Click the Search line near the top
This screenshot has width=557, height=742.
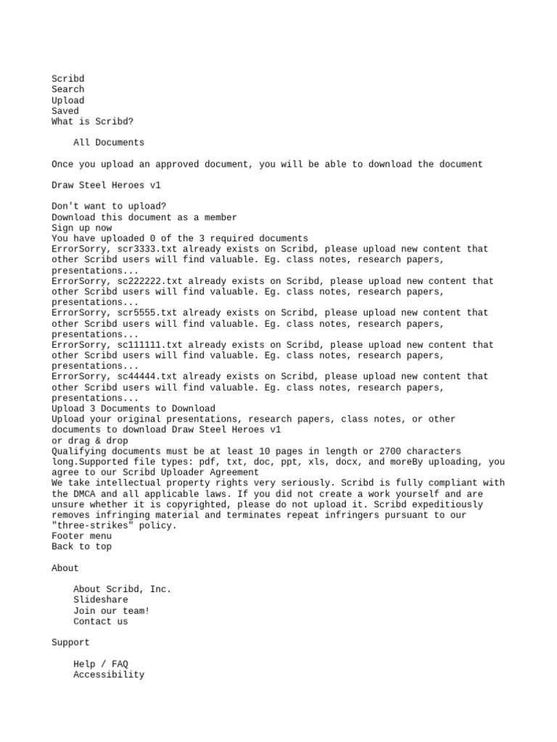67,90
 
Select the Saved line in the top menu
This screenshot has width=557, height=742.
65,111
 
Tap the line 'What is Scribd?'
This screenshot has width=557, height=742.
92,122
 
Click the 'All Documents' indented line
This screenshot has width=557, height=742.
109,143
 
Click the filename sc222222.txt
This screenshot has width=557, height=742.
150,281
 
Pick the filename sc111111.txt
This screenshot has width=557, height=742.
150,345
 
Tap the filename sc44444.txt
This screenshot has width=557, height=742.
147,377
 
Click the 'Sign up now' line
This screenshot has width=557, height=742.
81,228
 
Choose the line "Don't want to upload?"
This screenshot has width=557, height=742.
109,207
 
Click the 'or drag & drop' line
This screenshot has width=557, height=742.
90,441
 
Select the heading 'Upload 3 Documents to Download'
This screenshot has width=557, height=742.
133,409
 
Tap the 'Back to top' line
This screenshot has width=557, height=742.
81,547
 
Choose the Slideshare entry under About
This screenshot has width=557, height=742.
100,600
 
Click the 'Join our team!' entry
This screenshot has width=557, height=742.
111,611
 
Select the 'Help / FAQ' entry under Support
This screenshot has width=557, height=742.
100,664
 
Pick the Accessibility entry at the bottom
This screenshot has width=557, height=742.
109,675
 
